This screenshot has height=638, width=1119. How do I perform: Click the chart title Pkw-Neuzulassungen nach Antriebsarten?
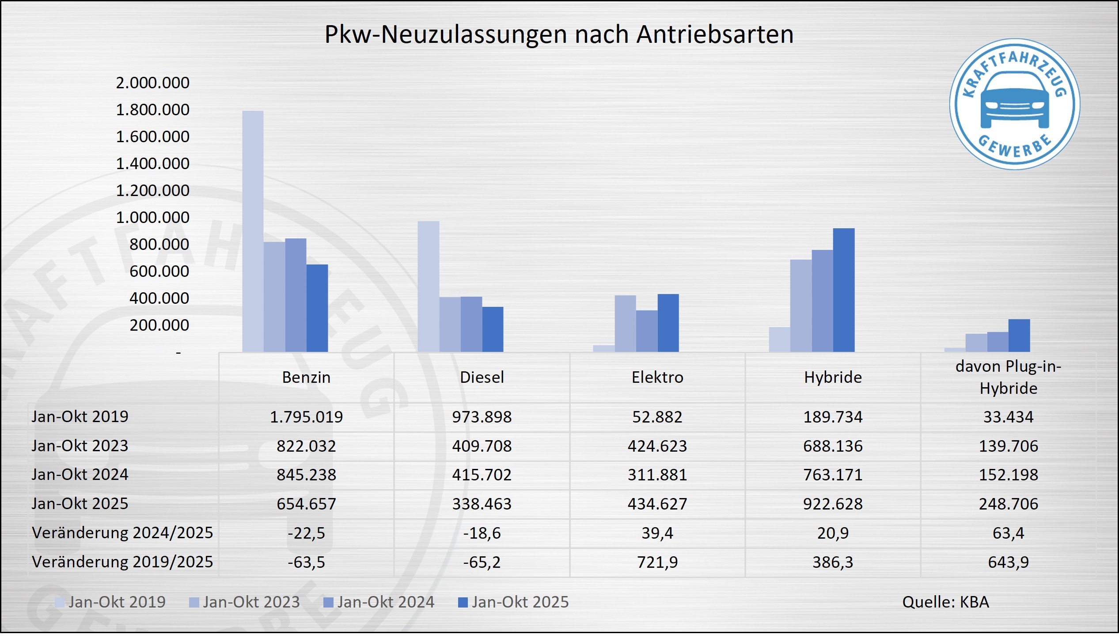(x=559, y=34)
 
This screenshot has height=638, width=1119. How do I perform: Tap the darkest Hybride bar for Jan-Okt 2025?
(x=843, y=290)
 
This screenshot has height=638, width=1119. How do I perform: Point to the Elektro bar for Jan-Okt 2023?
(x=625, y=323)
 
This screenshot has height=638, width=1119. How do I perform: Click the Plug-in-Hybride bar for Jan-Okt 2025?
(x=1019, y=335)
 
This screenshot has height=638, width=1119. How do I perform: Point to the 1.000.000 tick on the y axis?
(x=152, y=217)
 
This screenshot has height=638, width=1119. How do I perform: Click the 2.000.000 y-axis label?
(x=152, y=83)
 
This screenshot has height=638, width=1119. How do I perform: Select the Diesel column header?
(x=482, y=377)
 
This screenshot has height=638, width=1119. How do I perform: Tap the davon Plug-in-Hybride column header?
(x=1008, y=377)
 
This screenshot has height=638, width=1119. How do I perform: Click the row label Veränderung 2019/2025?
(x=122, y=562)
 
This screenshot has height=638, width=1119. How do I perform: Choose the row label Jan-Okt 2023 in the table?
(x=80, y=445)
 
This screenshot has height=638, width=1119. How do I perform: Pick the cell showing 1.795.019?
(x=306, y=416)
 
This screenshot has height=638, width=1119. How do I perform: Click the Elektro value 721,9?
(x=657, y=562)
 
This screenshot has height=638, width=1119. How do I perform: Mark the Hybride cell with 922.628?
(x=833, y=504)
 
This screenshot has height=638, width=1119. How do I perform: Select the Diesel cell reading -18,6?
(x=482, y=533)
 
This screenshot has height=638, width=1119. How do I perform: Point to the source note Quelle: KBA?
(x=945, y=602)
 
